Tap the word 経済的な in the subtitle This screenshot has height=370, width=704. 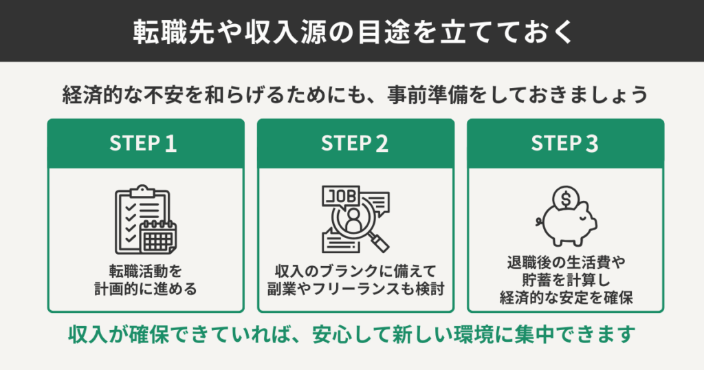click(101, 95)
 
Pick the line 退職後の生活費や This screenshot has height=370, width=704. click(565, 262)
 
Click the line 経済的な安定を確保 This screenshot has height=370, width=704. click(565, 299)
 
